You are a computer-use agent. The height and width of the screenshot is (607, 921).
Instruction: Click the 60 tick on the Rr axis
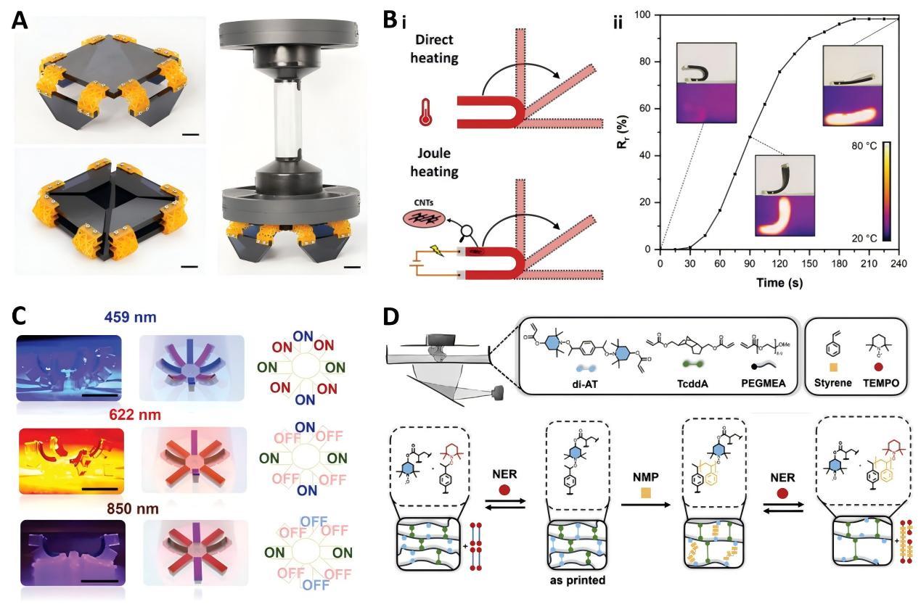646,109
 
